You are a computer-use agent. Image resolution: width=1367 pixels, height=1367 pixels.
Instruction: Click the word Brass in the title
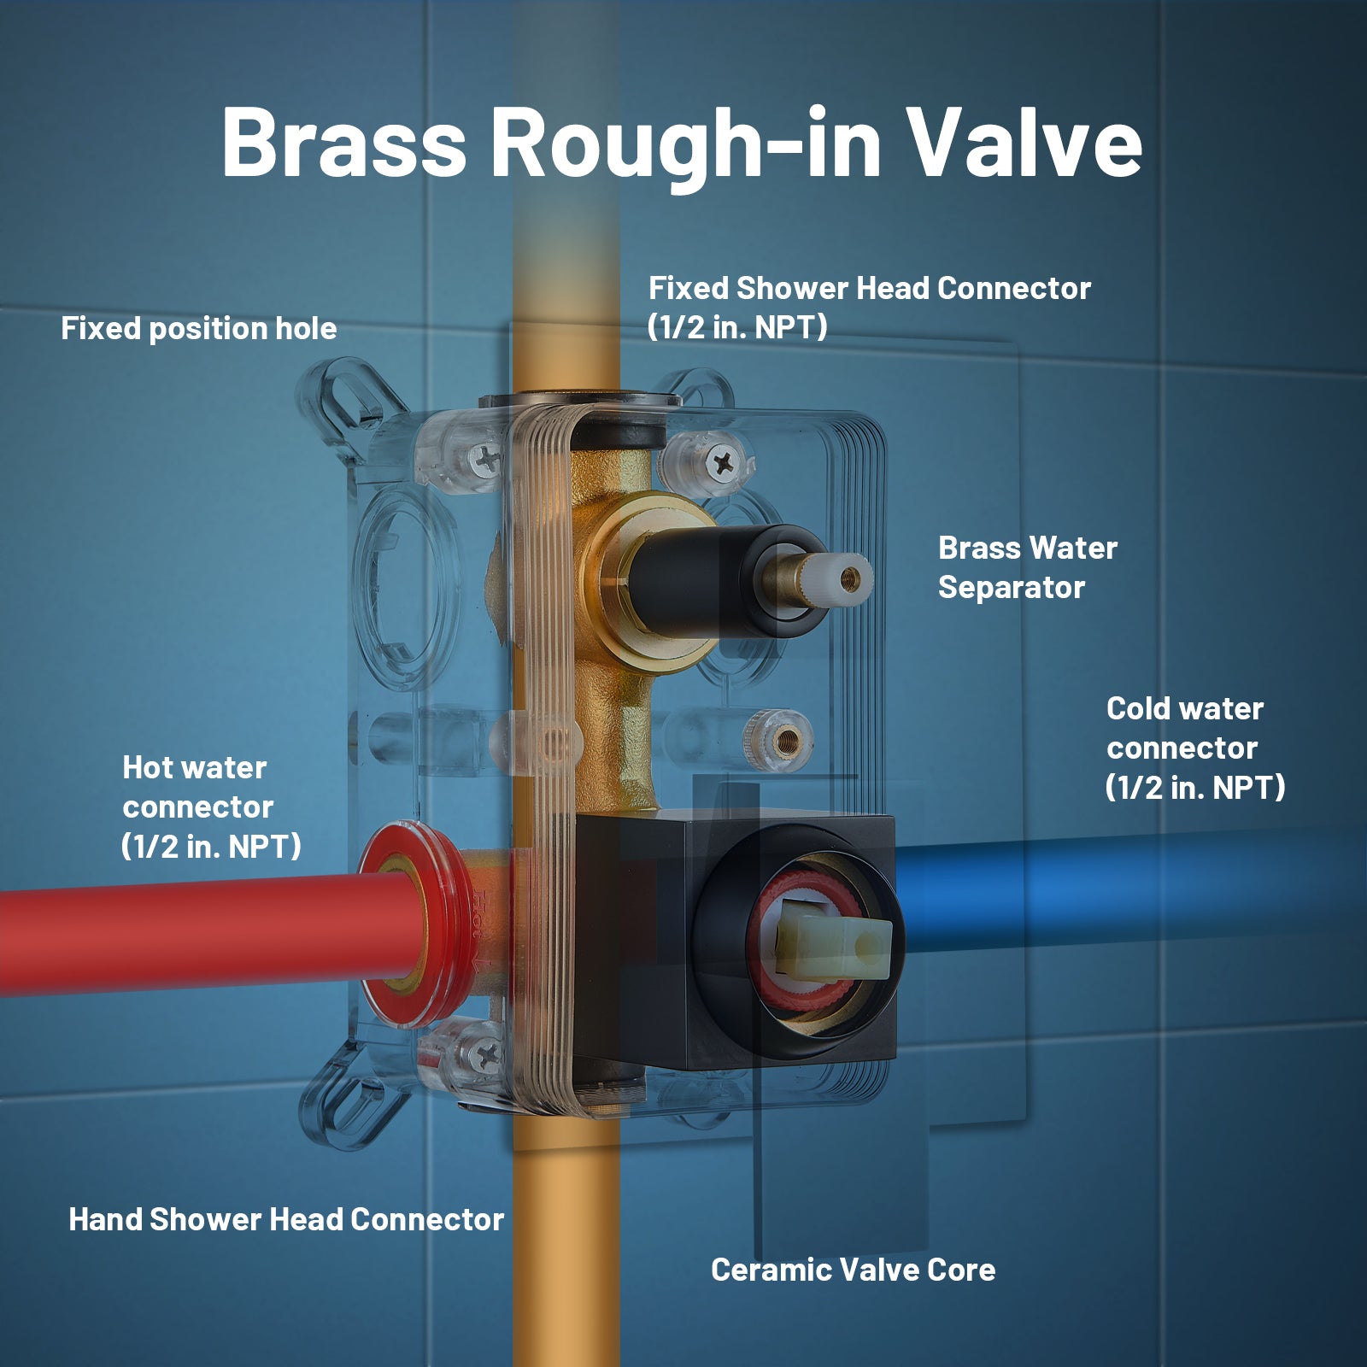pyautogui.click(x=344, y=142)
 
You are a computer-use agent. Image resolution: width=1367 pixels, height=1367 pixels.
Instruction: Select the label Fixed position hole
pyautogui.click(x=199, y=329)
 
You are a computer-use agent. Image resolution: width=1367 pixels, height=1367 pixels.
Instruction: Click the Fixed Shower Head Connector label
pyautogui.click(x=869, y=308)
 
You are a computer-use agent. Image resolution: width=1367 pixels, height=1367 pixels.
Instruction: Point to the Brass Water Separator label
pyautogui.click(x=1028, y=567)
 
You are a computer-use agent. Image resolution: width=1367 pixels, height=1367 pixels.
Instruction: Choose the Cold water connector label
pyautogui.click(x=1195, y=748)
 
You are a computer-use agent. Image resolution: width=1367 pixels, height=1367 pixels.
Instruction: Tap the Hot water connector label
pyautogui.click(x=211, y=807)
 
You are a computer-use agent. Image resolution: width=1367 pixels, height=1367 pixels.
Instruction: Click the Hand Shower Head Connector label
pyautogui.click(x=286, y=1219)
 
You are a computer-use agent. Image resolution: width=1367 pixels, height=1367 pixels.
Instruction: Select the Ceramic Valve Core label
pyautogui.click(x=854, y=1270)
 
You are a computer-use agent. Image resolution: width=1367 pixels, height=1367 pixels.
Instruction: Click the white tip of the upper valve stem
pyautogui.click(x=851, y=578)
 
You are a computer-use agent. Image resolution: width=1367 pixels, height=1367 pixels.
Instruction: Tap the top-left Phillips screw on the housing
pyautogui.click(x=487, y=460)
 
